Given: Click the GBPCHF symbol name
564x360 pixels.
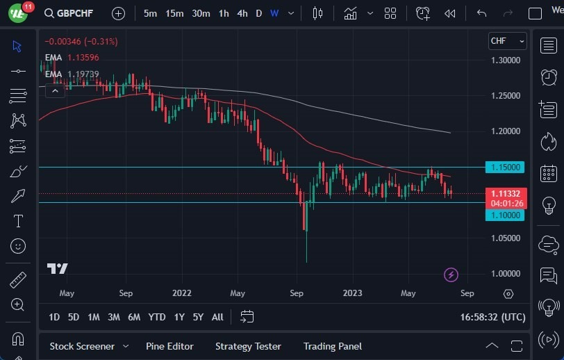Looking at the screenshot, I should tap(75, 13).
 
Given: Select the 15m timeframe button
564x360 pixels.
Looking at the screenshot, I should tap(174, 13).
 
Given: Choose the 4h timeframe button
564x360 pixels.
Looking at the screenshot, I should tap(242, 13).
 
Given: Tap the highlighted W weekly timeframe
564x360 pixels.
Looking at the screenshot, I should tap(274, 13).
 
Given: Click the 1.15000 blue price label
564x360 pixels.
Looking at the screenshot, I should tap(506, 167).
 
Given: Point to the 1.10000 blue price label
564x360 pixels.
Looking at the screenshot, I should tap(506, 215).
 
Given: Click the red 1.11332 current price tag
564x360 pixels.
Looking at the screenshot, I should tap(506, 194).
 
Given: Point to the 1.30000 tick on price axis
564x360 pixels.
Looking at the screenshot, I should tap(506, 60).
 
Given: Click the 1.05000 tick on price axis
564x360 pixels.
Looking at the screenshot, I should tap(506, 238).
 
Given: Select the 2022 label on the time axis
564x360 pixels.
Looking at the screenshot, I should tap(181, 293).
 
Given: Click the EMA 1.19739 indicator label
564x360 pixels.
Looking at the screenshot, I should tap(72, 74).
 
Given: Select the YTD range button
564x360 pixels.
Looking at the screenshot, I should tap(157, 317).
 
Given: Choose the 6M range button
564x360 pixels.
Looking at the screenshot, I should tap(134, 317).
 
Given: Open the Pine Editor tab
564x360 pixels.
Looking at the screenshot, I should tap(169, 346).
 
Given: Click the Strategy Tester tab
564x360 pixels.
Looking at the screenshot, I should tap(248, 346).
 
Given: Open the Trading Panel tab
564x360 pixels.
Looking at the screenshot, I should tap(333, 346).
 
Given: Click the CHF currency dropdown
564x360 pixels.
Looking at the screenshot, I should tap(507, 41).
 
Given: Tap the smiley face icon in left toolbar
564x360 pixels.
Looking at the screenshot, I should tap(18, 246).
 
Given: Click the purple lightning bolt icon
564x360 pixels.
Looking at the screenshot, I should tap(451, 275).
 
